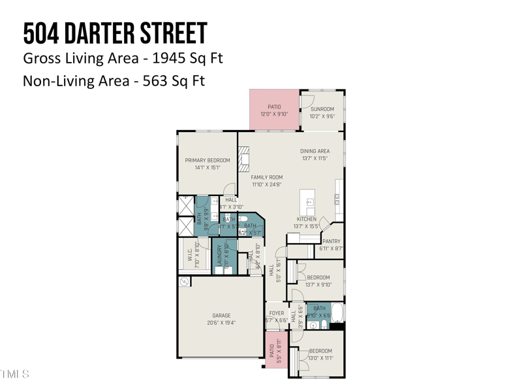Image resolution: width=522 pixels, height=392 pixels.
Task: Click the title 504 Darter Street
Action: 115,33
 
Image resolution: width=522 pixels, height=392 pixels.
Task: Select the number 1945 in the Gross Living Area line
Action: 169,58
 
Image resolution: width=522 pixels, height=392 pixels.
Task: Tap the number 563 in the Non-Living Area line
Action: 157,81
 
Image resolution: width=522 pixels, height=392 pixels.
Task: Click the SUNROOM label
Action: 322,109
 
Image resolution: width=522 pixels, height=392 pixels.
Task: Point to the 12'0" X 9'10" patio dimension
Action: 275,114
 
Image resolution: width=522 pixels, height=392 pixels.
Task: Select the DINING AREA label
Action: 315,151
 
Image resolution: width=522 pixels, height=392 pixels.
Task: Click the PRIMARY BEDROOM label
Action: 207,160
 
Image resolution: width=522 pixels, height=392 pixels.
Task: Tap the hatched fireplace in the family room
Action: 243,159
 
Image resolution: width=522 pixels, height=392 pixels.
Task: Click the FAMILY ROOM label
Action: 266,177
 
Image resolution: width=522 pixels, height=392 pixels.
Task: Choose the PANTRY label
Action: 331,241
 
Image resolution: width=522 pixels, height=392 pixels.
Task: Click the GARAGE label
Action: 221,316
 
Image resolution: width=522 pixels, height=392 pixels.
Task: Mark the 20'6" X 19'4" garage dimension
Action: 221,323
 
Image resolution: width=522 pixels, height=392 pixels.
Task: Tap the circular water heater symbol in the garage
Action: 184,282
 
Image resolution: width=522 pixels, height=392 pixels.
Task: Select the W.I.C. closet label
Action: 190,255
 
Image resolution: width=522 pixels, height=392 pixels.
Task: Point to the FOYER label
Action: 276,313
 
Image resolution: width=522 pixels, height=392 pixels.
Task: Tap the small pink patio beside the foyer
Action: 276,350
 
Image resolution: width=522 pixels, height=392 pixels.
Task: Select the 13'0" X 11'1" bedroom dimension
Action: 320,358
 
